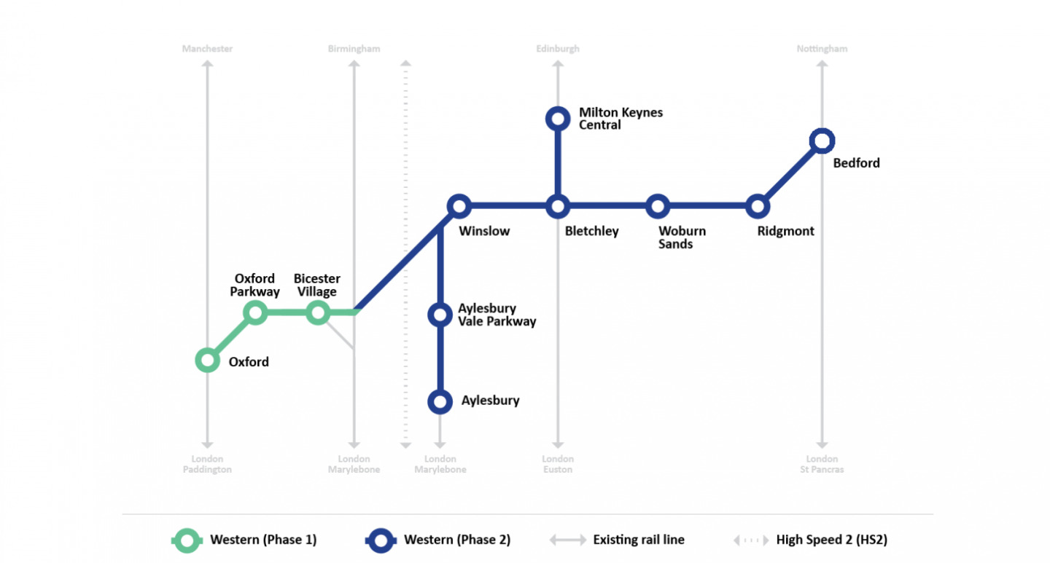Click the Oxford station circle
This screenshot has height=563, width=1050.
point(208,360)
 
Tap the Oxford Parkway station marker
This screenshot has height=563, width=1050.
point(254,313)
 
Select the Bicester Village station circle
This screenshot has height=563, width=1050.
point(317,313)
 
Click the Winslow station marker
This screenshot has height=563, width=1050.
point(459,206)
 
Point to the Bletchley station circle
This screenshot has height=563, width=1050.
point(558,206)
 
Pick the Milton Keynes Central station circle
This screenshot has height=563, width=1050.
point(558,118)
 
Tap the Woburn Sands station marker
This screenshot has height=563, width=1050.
point(658,206)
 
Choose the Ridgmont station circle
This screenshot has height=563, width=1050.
point(758,206)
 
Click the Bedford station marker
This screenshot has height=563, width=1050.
point(822,141)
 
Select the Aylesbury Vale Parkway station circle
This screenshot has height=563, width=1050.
point(440,314)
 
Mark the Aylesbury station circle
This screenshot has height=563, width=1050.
point(440,401)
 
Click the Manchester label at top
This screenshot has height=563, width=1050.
point(207,49)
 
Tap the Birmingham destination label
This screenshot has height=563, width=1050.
point(354,49)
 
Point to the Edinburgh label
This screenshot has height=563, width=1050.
point(558,49)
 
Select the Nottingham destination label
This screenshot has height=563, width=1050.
point(822,49)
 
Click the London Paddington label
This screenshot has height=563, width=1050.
point(207,464)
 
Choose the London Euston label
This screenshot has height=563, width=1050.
point(558,464)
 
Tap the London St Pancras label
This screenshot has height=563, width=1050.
point(822,464)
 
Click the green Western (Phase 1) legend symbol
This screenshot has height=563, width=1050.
point(188,540)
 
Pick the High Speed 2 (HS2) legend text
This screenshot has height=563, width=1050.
point(831,540)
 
